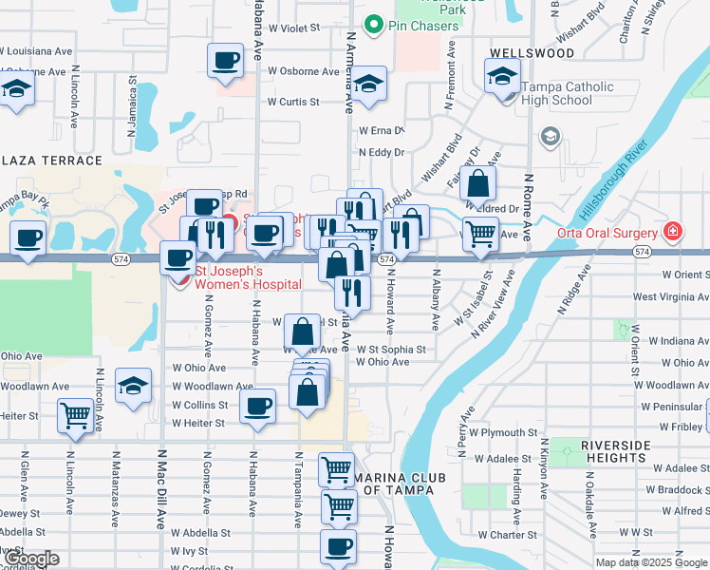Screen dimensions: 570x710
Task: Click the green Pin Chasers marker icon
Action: coord(374,26)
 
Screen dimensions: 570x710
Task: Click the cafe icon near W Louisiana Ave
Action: coord(225,60)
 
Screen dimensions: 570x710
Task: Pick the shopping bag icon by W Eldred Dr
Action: coord(478,182)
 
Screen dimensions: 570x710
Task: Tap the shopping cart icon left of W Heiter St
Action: coord(75,415)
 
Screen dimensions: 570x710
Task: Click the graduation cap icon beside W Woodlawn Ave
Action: coord(133,386)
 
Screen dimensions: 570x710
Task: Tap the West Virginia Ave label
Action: coord(670,297)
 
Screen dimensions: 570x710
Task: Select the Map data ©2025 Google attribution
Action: coord(650,562)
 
